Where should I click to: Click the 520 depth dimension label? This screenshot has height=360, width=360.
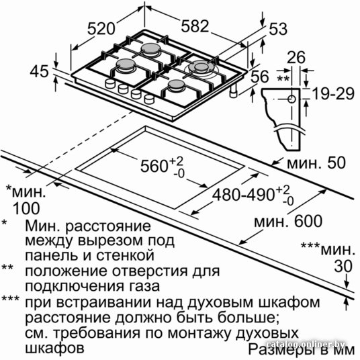pyautogui.click(x=101, y=28)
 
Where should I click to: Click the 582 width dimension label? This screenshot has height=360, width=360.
pyautogui.click(x=195, y=26)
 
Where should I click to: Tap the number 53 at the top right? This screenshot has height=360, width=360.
pyautogui.click(x=278, y=29)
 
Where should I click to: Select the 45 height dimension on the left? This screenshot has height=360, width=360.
pyautogui.click(x=39, y=71)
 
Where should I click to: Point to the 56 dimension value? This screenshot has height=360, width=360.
pyautogui.click(x=260, y=77)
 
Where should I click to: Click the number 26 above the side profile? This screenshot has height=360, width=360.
pyautogui.click(x=296, y=57)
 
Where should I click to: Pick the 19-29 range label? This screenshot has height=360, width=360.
pyautogui.click(x=334, y=93)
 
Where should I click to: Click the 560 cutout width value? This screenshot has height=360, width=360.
pyautogui.click(x=154, y=166)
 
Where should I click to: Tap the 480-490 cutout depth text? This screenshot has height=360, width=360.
pyautogui.click(x=243, y=195)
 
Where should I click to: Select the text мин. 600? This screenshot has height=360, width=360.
pyautogui.click(x=288, y=221)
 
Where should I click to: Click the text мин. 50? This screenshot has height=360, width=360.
pyautogui.click(x=316, y=163)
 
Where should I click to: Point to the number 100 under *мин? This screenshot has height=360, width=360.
pyautogui.click(x=26, y=208)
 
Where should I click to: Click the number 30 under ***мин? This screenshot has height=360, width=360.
pyautogui.click(x=343, y=267)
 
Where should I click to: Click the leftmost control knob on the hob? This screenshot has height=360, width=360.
pyautogui.click(x=109, y=83)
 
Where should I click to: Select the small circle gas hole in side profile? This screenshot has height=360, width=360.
pyautogui.click(x=291, y=99)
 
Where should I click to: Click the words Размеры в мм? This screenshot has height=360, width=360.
pyautogui.click(x=302, y=350)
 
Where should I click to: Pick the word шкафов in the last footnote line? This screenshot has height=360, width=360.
pyautogui.click(x=54, y=348)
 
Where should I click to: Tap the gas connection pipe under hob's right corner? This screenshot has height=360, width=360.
pyautogui.click(x=234, y=91)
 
